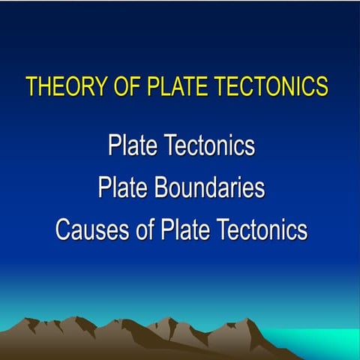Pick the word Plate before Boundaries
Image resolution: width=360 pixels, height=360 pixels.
point(122,187)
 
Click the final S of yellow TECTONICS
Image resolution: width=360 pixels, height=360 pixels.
point(322,85)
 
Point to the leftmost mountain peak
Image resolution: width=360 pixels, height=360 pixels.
point(31,321)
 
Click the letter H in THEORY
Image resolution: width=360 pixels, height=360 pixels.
point(45,85)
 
